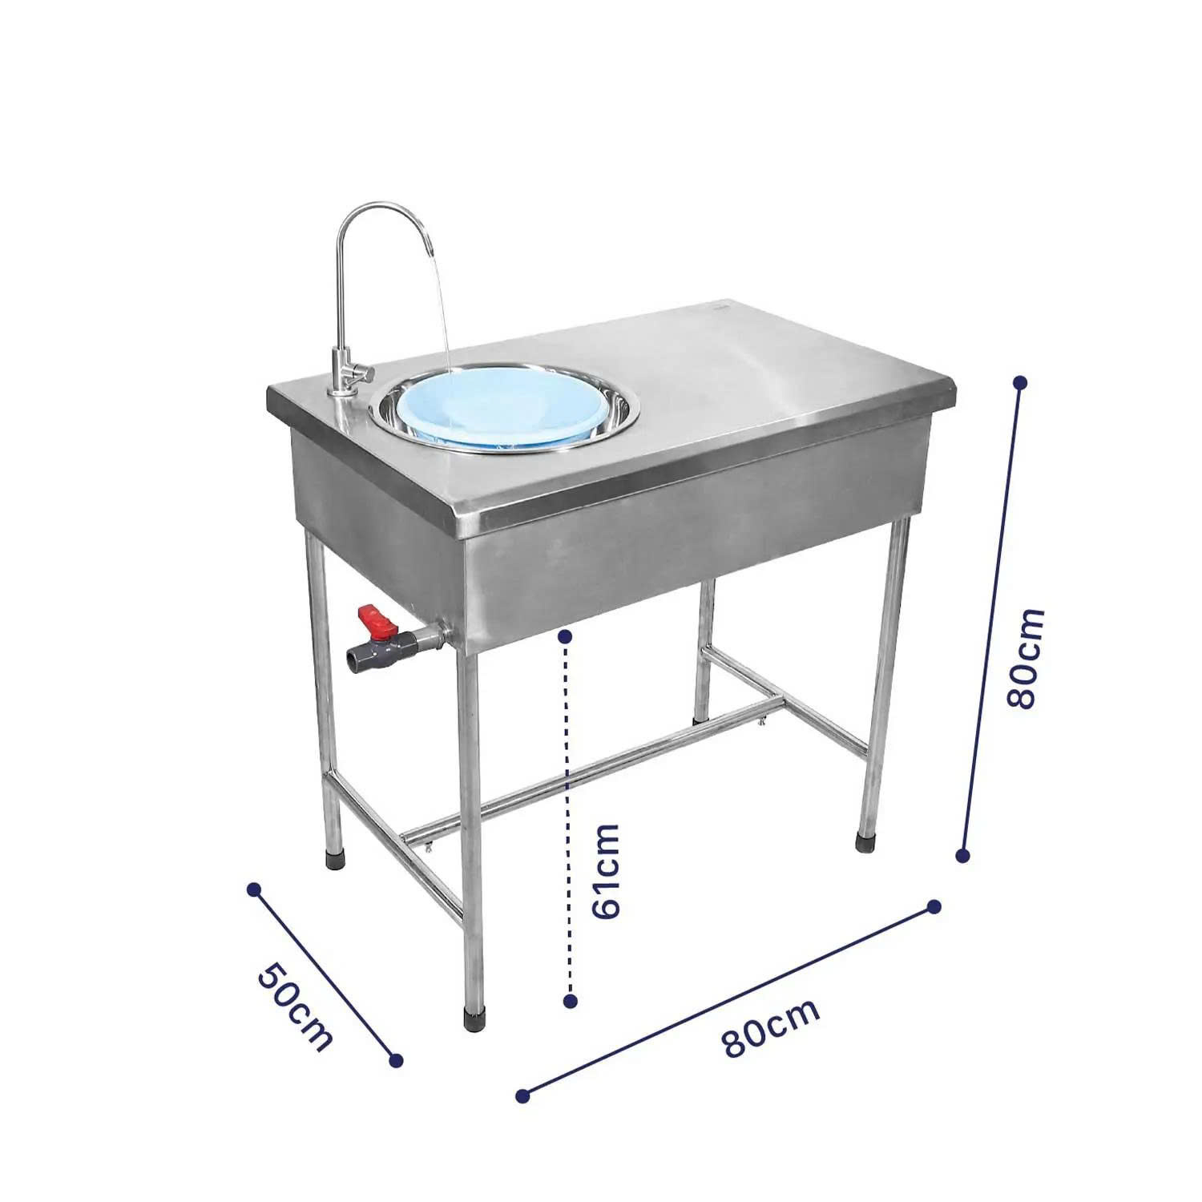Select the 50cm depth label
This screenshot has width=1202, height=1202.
point(294,1006)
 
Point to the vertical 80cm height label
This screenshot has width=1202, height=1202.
point(1027,657)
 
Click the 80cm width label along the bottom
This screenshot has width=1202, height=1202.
point(770,1028)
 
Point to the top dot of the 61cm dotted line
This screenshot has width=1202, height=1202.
point(565,636)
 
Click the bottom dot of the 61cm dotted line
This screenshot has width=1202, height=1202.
point(571,1001)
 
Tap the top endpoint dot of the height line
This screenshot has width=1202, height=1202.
point(1020,383)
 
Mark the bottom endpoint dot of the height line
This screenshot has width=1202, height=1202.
point(963,856)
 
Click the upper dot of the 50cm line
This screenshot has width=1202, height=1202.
point(254,889)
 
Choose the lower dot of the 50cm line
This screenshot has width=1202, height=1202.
point(395,1060)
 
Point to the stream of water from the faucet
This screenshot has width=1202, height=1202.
point(440,321)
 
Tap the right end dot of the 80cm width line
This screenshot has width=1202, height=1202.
point(934,906)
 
